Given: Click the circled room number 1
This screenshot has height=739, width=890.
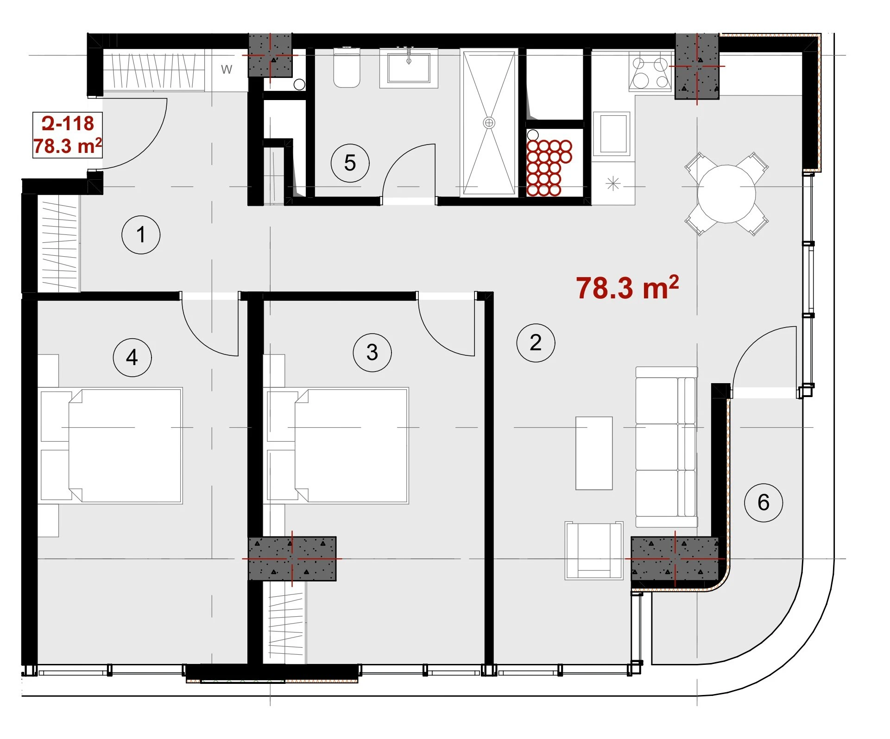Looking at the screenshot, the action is [141, 234].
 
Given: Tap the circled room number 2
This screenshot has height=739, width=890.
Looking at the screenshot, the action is [536, 343].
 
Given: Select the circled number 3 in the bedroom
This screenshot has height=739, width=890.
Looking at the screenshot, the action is [372, 352].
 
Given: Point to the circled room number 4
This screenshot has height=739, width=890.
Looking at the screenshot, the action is [132, 357].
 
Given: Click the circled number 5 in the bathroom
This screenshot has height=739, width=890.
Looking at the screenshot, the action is [350, 163].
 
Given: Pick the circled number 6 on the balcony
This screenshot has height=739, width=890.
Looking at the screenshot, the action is [764, 502].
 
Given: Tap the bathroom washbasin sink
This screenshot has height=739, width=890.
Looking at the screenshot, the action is [409, 68].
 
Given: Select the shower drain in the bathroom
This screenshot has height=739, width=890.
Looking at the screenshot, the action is [489, 123].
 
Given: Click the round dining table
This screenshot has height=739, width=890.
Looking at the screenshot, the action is [726, 194].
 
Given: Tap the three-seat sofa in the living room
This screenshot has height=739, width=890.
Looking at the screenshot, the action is [666, 447].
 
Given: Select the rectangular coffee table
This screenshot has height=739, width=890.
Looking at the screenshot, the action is [594, 453].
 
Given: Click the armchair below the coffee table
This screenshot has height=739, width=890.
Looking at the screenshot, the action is [594, 550].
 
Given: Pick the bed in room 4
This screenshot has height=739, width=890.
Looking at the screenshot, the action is [111, 446].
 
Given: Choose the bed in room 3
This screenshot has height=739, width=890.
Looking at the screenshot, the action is [337, 446].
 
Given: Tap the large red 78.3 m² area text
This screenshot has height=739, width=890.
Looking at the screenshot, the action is [627, 288].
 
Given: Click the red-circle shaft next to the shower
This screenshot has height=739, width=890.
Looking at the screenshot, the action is [549, 167].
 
